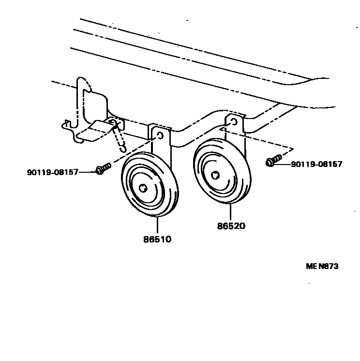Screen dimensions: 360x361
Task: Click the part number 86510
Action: [x=157, y=239]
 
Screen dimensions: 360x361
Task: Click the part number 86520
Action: [x=231, y=226]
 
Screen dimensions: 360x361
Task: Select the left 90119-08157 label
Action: [x=52, y=172]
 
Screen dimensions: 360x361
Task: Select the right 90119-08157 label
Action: [x=316, y=164]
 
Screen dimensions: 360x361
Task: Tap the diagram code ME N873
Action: [x=322, y=266]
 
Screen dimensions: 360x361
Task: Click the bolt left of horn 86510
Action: [x=103, y=168]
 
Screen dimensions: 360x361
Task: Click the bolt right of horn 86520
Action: [x=272, y=161]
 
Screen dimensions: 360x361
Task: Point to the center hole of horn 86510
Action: [x=143, y=188]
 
